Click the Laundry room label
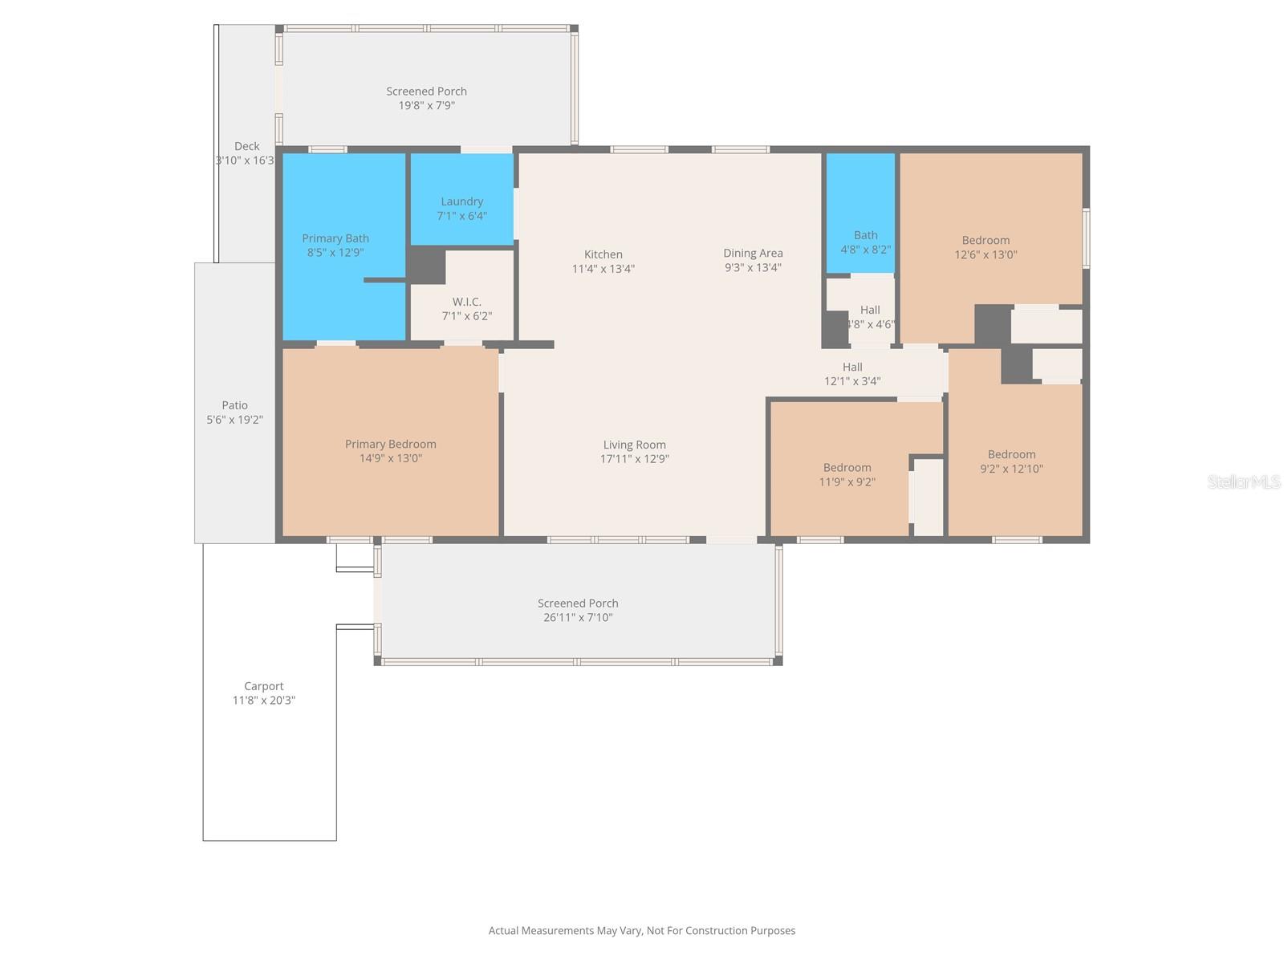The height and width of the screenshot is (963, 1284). tap(461, 201)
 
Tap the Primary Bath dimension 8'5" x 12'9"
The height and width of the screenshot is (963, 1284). tap(335, 253)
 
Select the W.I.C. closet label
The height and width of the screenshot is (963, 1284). tap(466, 302)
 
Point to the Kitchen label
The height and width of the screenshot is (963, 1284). tap(603, 254)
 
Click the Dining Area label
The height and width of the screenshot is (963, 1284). tap(753, 253)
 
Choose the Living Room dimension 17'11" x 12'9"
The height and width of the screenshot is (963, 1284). tap(634, 459)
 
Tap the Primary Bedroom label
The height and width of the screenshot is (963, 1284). tap(391, 444)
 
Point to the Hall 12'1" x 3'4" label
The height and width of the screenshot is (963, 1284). tap(852, 374)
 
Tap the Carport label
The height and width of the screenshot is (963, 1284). tap(264, 686)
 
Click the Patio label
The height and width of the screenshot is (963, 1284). tap(235, 405)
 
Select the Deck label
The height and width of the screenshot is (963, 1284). tap(246, 146)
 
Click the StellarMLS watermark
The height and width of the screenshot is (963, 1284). tap(1244, 481)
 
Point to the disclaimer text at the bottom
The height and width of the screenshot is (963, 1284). tap(642, 931)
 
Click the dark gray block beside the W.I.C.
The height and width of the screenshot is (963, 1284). tap(427, 265)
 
